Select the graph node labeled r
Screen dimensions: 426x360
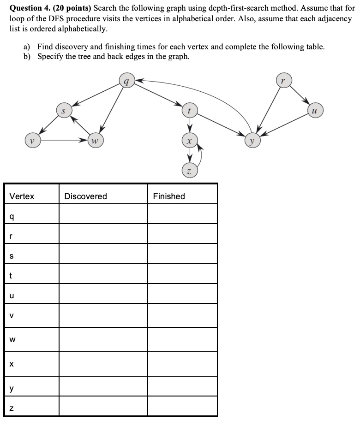click(x=283, y=81)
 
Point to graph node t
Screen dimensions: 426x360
click(x=189, y=110)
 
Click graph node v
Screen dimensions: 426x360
click(x=32, y=140)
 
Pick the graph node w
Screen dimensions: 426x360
click(x=95, y=140)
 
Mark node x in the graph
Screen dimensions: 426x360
click(x=189, y=140)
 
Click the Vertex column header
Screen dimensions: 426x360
click(x=22, y=196)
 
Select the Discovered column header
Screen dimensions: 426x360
click(x=85, y=196)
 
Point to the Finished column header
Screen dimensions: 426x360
click(x=169, y=196)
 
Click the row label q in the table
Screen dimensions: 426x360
click(x=11, y=216)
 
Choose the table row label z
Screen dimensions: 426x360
click(x=11, y=407)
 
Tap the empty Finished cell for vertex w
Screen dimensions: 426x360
click(x=182, y=340)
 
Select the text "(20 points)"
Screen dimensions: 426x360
click(x=72, y=8)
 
